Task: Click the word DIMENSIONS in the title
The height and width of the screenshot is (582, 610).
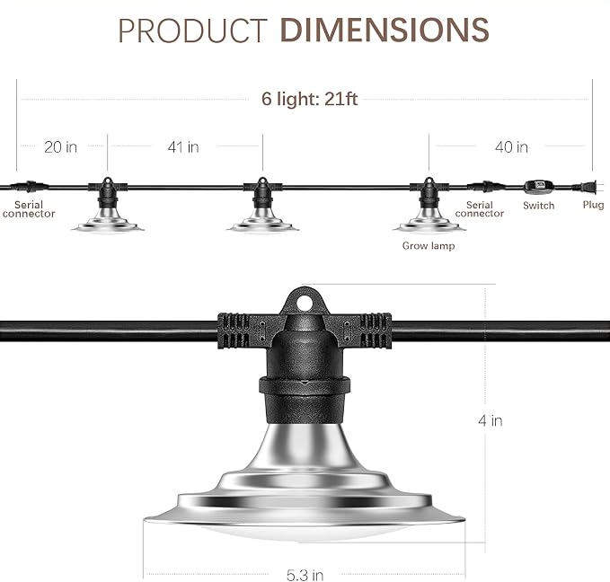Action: coord(385,30)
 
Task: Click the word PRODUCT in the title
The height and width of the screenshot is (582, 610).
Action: coord(193,31)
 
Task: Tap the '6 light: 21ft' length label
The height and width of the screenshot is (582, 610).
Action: coord(309,99)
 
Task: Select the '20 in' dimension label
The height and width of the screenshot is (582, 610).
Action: coord(61,147)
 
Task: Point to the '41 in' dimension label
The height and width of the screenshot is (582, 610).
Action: coord(183,147)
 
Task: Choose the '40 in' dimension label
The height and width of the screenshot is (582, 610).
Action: coord(511,147)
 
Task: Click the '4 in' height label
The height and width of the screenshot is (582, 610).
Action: coord(491,420)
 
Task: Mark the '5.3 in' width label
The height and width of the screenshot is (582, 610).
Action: coord(305,575)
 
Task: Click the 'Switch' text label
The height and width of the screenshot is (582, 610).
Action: coord(538,206)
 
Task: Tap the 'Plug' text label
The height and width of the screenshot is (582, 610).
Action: coord(593,205)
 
